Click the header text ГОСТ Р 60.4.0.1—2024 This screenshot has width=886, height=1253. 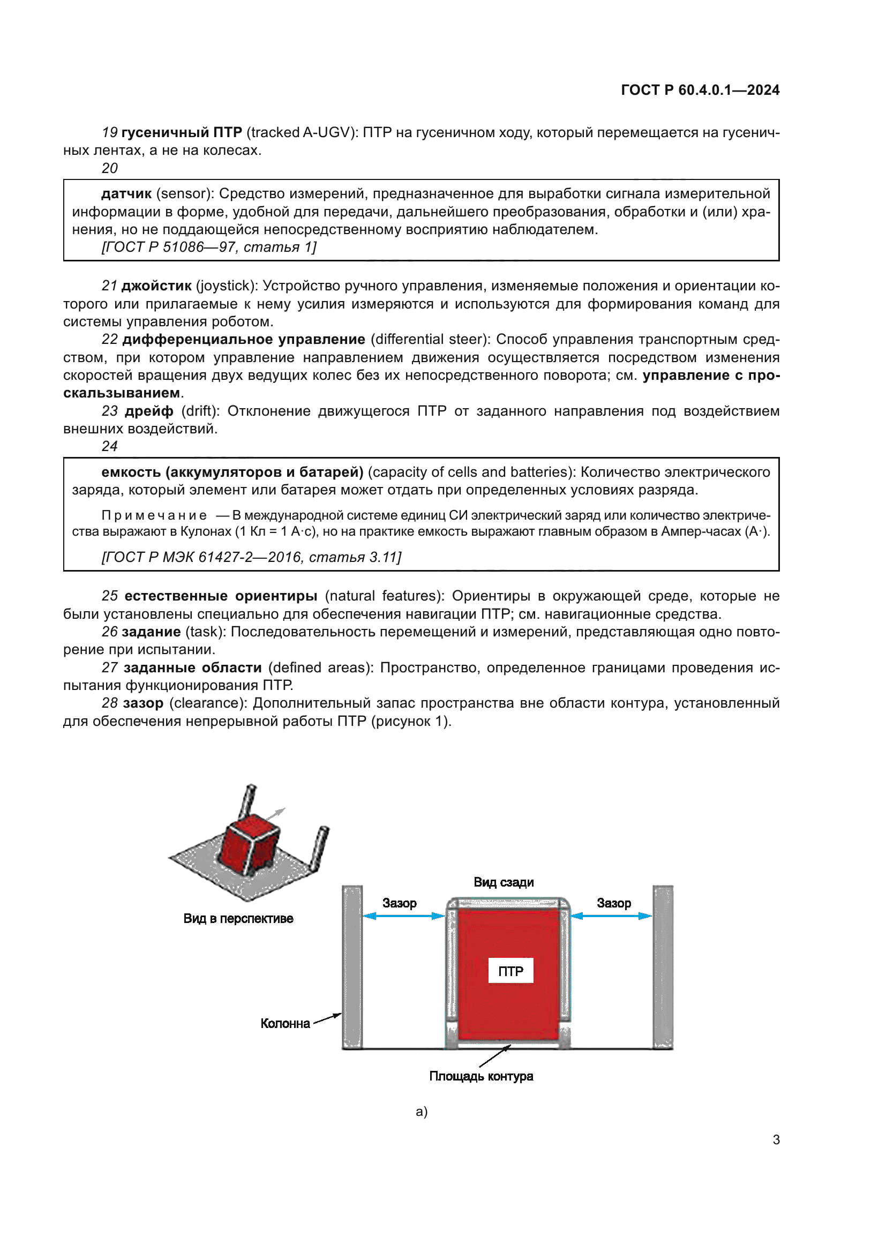click(x=700, y=90)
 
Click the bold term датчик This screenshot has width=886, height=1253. click(x=126, y=194)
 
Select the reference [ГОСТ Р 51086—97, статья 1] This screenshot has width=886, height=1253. click(x=209, y=247)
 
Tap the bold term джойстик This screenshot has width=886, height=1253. click(x=156, y=286)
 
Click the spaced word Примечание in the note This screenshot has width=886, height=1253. click(x=154, y=515)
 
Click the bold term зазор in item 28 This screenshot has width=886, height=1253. click(x=143, y=703)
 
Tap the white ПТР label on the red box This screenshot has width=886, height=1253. click(x=510, y=971)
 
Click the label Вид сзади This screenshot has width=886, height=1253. click(x=503, y=882)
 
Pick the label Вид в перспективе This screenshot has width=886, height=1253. click(x=238, y=919)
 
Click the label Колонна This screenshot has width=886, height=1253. click(x=285, y=1023)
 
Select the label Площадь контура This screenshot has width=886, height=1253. click(x=480, y=1076)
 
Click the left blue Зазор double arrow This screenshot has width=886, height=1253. click(x=404, y=916)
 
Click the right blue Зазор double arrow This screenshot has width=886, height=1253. click(x=611, y=916)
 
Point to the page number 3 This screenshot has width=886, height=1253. click(x=776, y=1139)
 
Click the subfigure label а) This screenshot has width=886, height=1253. click(x=421, y=1112)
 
